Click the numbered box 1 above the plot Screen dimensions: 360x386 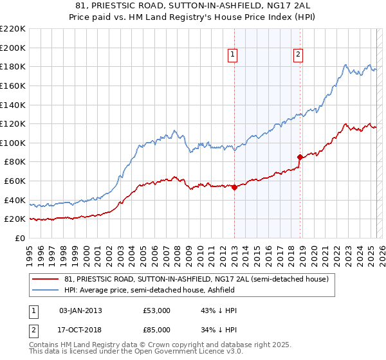pyautogui.click(x=232, y=55)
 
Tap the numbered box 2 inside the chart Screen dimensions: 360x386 pyautogui.click(x=299, y=55)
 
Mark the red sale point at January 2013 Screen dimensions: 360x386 pyautogui.click(x=234, y=188)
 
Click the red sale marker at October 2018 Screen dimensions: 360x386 pyautogui.click(x=300, y=157)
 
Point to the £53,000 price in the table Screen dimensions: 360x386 pyautogui.click(x=156, y=310)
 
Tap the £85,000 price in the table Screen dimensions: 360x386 pyautogui.click(x=156, y=329)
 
